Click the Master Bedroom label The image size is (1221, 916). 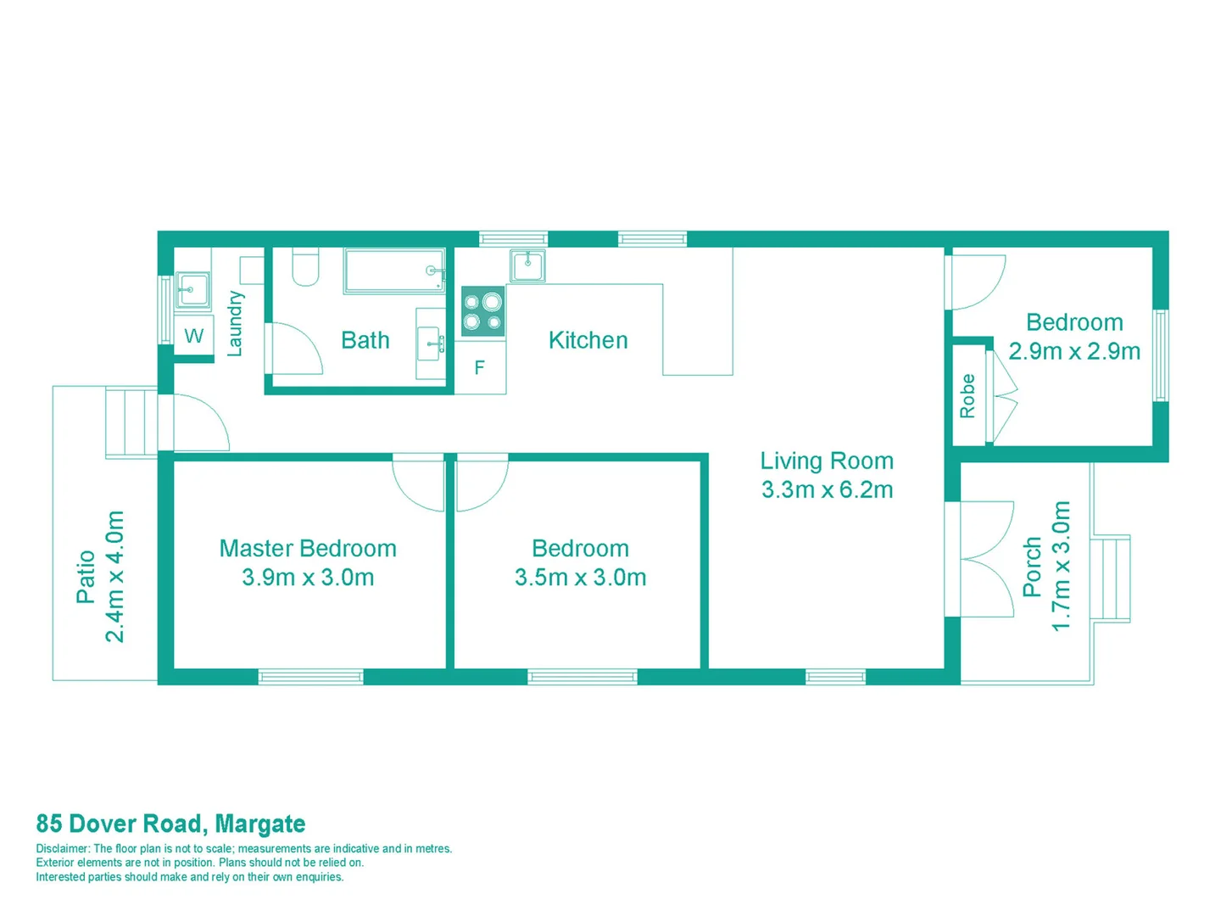pyautogui.click(x=308, y=549)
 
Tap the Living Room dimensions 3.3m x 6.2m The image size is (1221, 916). pyautogui.click(x=827, y=490)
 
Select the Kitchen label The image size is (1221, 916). pyautogui.click(x=588, y=340)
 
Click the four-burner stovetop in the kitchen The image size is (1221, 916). pyautogui.click(x=482, y=312)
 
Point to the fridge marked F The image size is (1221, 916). pyautogui.click(x=480, y=368)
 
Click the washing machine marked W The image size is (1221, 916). pyautogui.click(x=193, y=336)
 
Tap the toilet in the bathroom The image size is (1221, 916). pyautogui.click(x=305, y=266)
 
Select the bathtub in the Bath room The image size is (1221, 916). pyautogui.click(x=394, y=271)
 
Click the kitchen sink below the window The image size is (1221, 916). pyautogui.click(x=527, y=265)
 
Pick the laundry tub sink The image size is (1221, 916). pyautogui.click(x=192, y=290)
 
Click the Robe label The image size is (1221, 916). pyautogui.click(x=967, y=396)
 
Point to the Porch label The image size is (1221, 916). pyautogui.click(x=1032, y=567)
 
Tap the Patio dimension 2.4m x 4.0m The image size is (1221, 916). pyautogui.click(x=114, y=577)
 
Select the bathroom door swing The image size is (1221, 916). pyautogui.click(x=295, y=348)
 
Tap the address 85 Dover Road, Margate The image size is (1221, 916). pyautogui.click(x=170, y=824)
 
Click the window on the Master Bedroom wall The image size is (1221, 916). pyautogui.click(x=310, y=677)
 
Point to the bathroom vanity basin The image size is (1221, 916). pyautogui.click(x=430, y=343)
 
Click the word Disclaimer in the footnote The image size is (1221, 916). pyautogui.click(x=62, y=849)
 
